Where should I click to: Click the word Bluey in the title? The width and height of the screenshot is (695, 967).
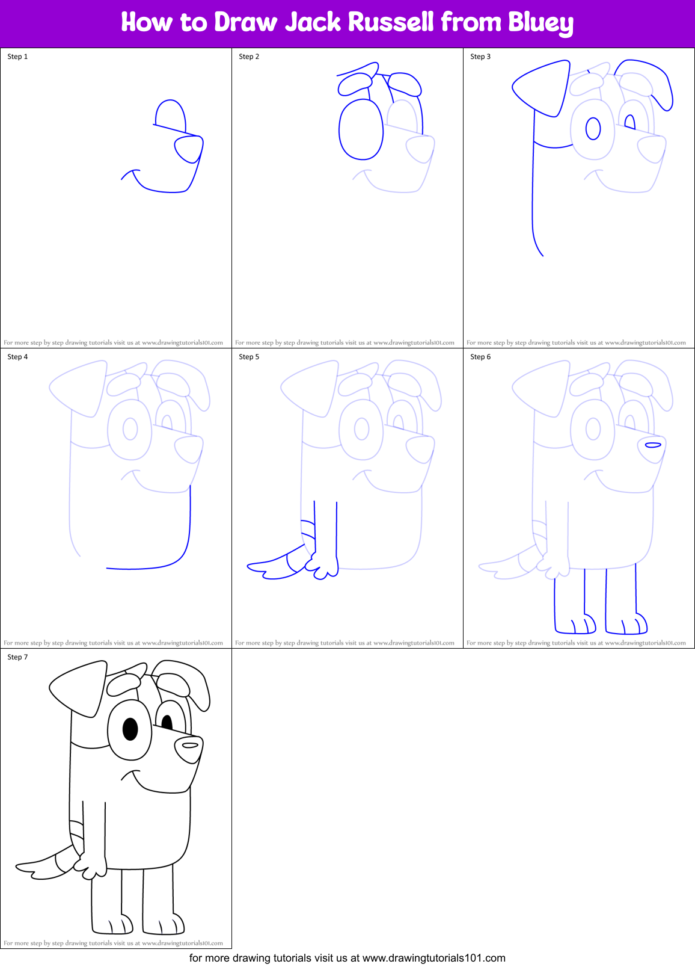[x=540, y=23]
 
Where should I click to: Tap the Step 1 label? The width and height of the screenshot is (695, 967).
[x=17, y=57]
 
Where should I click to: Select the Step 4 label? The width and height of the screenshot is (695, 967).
[x=17, y=357]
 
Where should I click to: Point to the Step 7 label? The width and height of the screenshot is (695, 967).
[x=17, y=657]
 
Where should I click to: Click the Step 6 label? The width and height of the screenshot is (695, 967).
[x=480, y=357]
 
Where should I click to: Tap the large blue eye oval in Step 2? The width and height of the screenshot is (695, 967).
[x=361, y=129]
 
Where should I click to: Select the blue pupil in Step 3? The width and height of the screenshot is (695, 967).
[x=593, y=128]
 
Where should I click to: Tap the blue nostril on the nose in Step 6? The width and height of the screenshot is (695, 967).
[x=653, y=445]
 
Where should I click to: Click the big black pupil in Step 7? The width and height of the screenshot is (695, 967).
[x=130, y=729]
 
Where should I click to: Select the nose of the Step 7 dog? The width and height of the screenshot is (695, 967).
[x=188, y=749]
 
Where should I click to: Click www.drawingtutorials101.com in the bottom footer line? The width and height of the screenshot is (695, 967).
[x=434, y=957]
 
